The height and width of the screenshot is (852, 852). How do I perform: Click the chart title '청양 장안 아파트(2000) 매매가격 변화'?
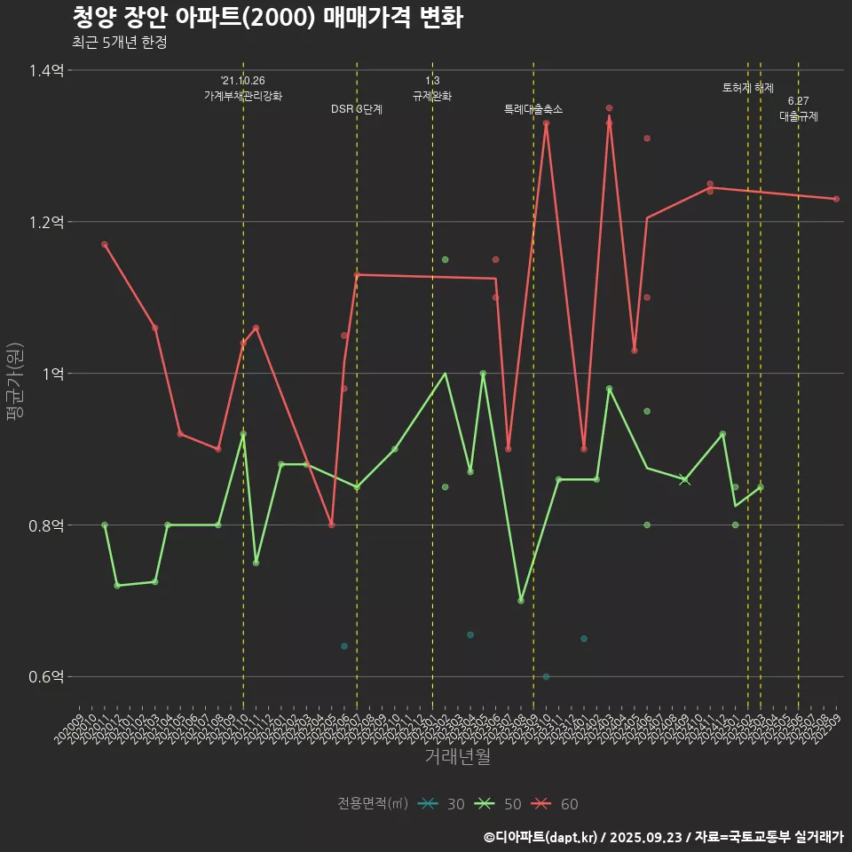[266, 18]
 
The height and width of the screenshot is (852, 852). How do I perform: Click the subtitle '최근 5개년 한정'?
[119, 42]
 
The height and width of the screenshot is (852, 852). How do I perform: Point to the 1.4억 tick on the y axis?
[46, 70]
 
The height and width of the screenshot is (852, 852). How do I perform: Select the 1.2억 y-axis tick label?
[46, 222]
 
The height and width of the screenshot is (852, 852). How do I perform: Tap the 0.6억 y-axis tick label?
[46, 676]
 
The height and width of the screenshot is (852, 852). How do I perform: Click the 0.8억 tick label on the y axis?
[46, 525]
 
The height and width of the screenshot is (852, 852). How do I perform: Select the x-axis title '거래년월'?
[457, 756]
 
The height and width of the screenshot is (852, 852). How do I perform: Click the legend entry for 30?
[442, 804]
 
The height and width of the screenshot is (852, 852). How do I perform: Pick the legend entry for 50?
[499, 804]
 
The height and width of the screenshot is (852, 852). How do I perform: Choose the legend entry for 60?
[556, 804]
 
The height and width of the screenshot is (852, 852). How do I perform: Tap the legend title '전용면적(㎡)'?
[373, 804]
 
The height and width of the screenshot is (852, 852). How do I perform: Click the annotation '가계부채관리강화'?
[243, 96]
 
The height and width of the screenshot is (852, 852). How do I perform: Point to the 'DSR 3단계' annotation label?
[357, 109]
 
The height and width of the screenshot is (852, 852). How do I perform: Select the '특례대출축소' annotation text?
[533, 109]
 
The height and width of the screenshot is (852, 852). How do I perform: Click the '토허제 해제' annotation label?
[748, 88]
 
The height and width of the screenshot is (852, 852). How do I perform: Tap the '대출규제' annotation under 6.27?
[799, 116]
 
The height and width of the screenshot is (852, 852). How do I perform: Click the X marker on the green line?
[684, 479]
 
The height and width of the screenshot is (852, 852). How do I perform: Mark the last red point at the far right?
[836, 199]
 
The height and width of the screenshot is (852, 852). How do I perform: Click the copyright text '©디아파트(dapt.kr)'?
[540, 837]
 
